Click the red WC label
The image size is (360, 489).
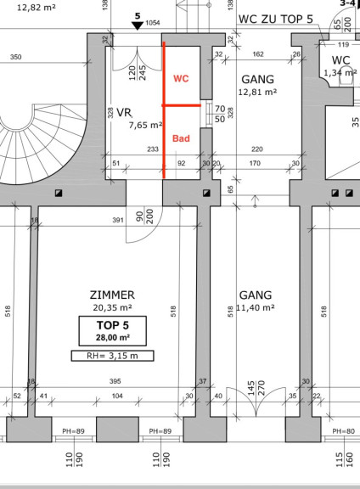tap(181, 78)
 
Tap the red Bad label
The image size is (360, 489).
tap(181, 138)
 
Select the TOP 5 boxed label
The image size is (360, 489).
tap(113, 331)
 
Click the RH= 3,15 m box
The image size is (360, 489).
tap(112, 356)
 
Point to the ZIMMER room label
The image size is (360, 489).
tap(112, 295)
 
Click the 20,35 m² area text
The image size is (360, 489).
tap(112, 307)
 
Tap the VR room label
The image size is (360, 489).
tap(124, 112)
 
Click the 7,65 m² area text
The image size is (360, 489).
tap(146, 125)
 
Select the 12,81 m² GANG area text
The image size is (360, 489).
tap(257, 92)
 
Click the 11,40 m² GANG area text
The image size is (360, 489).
tap(256, 307)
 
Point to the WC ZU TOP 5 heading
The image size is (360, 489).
tap(276, 19)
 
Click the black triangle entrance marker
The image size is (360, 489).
tap(138, 25)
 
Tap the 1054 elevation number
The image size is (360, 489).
tap(153, 23)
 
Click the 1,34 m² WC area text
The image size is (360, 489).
tap(340, 73)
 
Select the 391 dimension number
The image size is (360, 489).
tap(118, 220)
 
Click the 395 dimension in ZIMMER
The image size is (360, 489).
tap(115, 381)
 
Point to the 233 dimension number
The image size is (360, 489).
tap(153, 149)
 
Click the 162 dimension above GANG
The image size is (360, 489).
tap(258, 54)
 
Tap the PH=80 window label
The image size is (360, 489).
tap(344, 431)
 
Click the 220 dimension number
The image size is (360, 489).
tap(257, 149)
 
